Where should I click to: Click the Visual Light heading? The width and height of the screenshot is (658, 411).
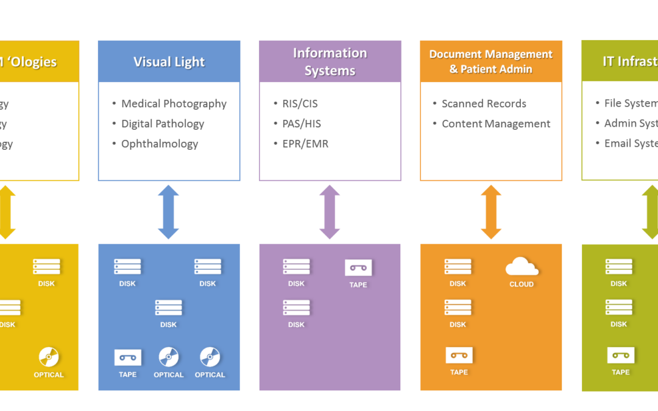pyautogui.click(x=169, y=61)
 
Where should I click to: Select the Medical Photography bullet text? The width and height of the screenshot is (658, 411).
pyautogui.click(x=174, y=104)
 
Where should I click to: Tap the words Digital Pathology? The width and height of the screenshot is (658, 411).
pyautogui.click(x=163, y=124)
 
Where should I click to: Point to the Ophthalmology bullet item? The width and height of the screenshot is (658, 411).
pyautogui.click(x=160, y=144)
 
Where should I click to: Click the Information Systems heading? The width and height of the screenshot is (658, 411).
pyautogui.click(x=330, y=61)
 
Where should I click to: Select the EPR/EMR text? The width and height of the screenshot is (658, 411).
pyautogui.click(x=305, y=144)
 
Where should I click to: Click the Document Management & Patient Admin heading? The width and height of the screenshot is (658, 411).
pyautogui.click(x=490, y=61)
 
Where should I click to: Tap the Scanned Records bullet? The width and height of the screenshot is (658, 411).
pyautogui.click(x=484, y=104)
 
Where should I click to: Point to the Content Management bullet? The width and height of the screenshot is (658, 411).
pyautogui.click(x=496, y=124)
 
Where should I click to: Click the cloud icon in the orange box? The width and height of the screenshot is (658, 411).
pyautogui.click(x=522, y=267)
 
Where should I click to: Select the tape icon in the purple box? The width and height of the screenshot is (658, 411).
pyautogui.click(x=358, y=268)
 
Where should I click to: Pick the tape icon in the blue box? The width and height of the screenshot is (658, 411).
pyautogui.click(x=128, y=357)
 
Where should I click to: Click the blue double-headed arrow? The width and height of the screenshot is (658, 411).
pyautogui.click(x=168, y=212)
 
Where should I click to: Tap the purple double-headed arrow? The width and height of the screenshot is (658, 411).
pyautogui.click(x=330, y=212)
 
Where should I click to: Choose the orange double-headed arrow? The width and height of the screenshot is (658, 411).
pyautogui.click(x=491, y=212)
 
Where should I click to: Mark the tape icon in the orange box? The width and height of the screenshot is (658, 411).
pyautogui.click(x=459, y=355)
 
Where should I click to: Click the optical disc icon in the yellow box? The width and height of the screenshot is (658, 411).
pyautogui.click(x=49, y=357)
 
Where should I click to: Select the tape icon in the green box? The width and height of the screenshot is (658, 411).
pyautogui.click(x=621, y=355)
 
